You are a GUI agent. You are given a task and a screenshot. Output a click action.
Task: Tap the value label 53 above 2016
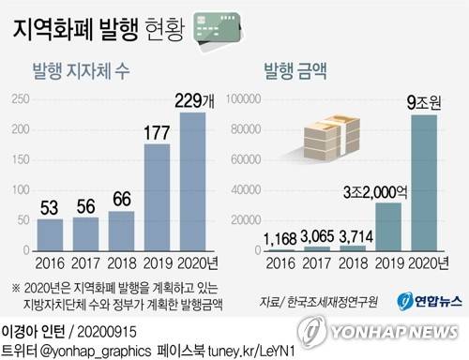pos(52,205)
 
